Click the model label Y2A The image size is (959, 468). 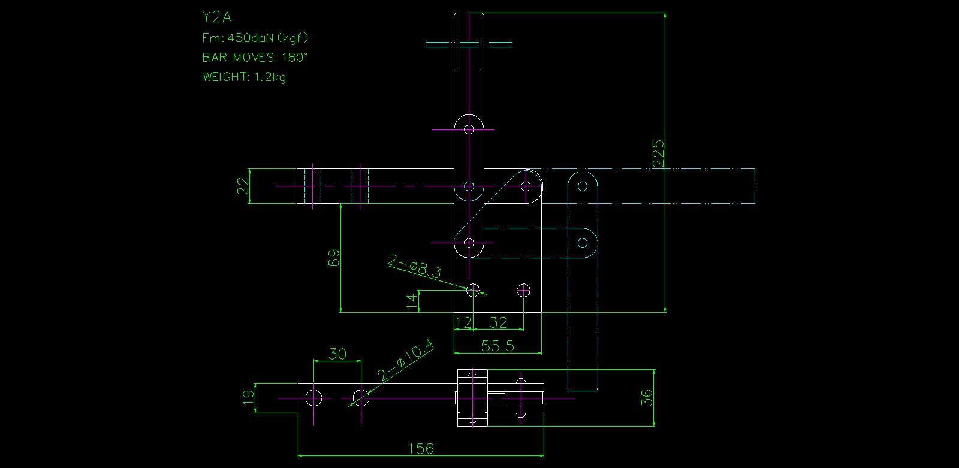click(x=217, y=17)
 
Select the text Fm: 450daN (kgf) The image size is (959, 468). click(x=255, y=38)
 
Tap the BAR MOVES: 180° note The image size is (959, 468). click(x=255, y=58)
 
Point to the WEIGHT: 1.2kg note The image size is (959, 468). click(x=244, y=77)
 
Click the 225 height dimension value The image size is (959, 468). click(x=658, y=153)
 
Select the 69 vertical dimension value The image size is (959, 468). click(x=334, y=258)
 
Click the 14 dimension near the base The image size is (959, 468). click(x=412, y=301)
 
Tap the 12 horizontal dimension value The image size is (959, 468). click(x=463, y=323)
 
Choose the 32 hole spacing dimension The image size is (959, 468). click(x=499, y=323)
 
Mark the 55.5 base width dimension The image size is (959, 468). click(x=498, y=346)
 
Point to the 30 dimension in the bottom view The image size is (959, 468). click(x=337, y=354)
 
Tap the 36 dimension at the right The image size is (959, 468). click(x=647, y=398)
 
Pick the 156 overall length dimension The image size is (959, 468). click(x=421, y=448)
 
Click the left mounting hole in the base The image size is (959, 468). click(x=474, y=291)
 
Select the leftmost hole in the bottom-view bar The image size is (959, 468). click(x=313, y=397)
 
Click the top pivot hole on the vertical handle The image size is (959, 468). click(x=469, y=129)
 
